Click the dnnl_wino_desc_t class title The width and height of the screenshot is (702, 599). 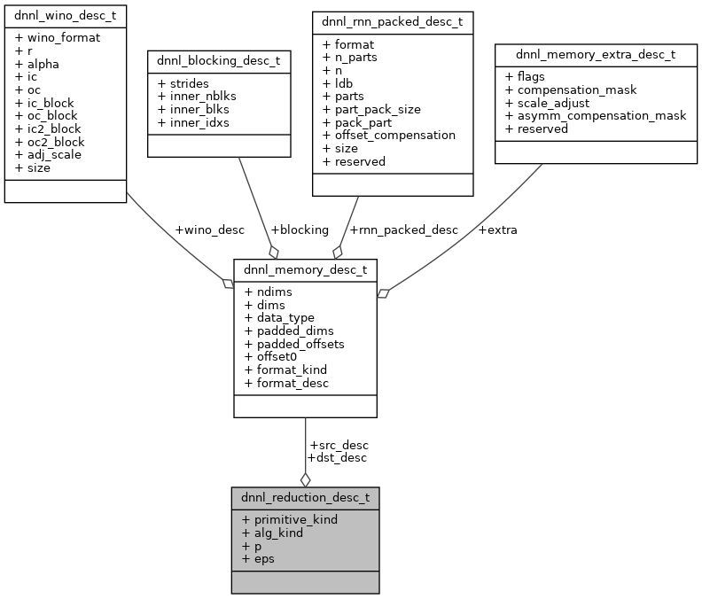pyautogui.click(x=65, y=15)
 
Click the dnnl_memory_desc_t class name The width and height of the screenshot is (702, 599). pyautogui.click(x=305, y=269)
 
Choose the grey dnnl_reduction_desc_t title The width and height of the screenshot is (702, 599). pyautogui.click(x=305, y=497)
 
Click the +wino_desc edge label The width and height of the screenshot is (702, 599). pyautogui.click(x=209, y=229)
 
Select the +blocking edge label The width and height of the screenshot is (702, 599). pyautogui.click(x=299, y=229)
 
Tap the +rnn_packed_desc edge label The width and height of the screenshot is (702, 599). pyautogui.click(x=403, y=229)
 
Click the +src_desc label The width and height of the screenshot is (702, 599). pyautogui.click(x=338, y=445)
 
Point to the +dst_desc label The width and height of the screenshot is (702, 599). pyautogui.click(x=336, y=457)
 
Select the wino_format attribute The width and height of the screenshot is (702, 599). pyautogui.click(x=58, y=37)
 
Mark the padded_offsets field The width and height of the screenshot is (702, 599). pyautogui.click(x=299, y=343)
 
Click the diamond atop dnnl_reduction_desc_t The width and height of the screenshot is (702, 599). pyautogui.click(x=305, y=479)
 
